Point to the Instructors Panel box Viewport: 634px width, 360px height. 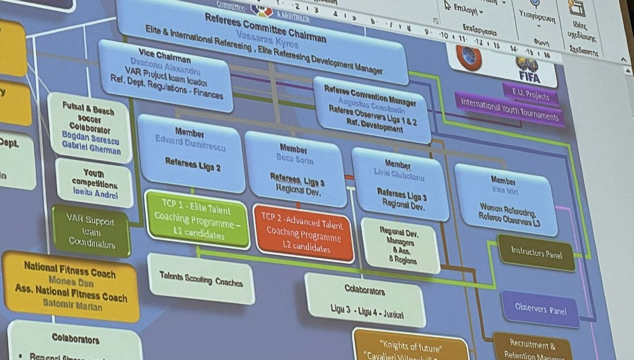click(536, 253)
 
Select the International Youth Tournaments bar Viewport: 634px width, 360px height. click(509, 109)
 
